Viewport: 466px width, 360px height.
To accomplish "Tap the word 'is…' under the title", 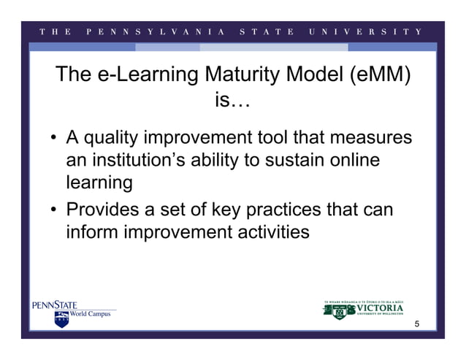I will click(232, 102).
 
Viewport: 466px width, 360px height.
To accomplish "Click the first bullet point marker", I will click(55, 139).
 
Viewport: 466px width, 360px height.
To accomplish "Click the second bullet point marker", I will click(55, 211).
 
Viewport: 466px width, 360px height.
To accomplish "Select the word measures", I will click(370, 137).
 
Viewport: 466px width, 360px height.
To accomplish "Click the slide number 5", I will click(417, 323).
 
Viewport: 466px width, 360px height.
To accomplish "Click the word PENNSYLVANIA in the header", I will click(153, 32).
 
